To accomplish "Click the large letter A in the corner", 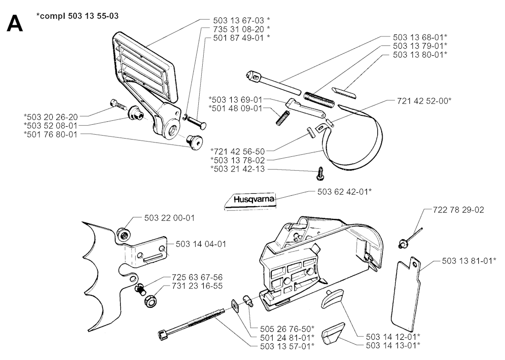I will click(15, 23).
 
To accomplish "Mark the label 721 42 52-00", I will click(424, 101).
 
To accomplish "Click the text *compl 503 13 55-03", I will click(77, 16).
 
